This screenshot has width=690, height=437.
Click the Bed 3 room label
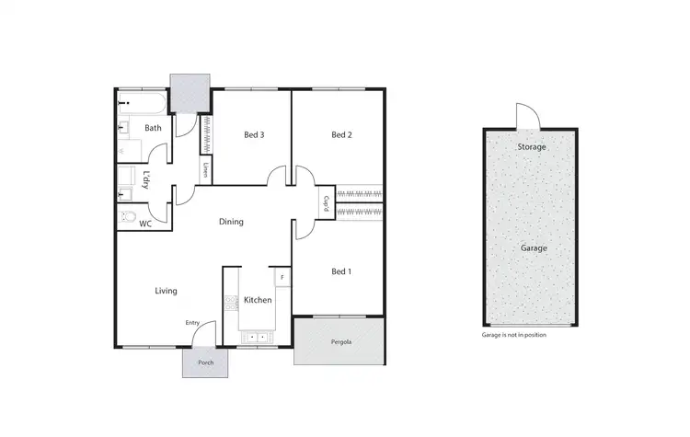pyautogui.click(x=254, y=135)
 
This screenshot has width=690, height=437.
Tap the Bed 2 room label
pyautogui.click(x=342, y=135)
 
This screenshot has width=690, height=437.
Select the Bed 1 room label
pyautogui.click(x=341, y=271)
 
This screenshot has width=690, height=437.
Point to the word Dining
pyautogui.click(x=231, y=222)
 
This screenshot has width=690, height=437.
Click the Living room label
pyautogui.click(x=166, y=291)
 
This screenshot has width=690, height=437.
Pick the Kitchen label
pyautogui.click(x=258, y=301)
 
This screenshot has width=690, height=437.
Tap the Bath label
pyautogui.click(x=153, y=128)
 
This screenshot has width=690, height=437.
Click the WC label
pyautogui.click(x=145, y=224)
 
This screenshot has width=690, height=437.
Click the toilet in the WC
pyautogui.click(x=126, y=218)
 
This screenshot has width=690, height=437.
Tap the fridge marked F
pyautogui.click(x=282, y=275)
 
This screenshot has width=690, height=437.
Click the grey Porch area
pyautogui.click(x=206, y=362)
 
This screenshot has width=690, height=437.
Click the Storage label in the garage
pyautogui.click(x=532, y=147)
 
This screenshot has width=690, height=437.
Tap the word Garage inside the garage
pyautogui.click(x=534, y=248)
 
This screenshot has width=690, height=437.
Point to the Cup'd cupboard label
pyautogui.click(x=327, y=204)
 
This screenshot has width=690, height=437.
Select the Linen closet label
pyautogui.click(x=204, y=169)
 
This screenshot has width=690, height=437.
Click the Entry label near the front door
pyautogui.click(x=192, y=323)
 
